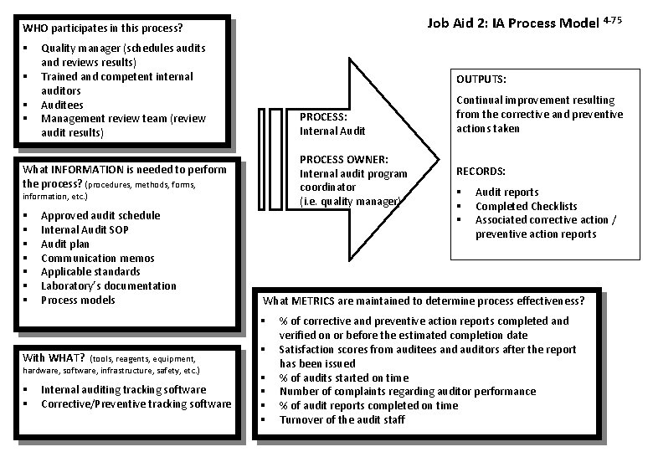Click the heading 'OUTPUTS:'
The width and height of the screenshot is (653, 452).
pyautogui.click(x=481, y=80)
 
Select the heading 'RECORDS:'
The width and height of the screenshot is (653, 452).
pyautogui.click(x=481, y=171)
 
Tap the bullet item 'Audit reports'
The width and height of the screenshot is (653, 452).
pyautogui.click(x=506, y=193)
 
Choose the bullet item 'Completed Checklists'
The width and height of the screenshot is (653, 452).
pyautogui.click(x=526, y=206)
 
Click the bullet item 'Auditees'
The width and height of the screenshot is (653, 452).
pyautogui.click(x=62, y=105)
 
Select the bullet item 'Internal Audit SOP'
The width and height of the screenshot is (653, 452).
pyautogui.click(x=85, y=229)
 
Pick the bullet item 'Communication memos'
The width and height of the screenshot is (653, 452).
pyautogui.click(x=97, y=258)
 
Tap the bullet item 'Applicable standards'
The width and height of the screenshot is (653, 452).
pyautogui.click(x=90, y=272)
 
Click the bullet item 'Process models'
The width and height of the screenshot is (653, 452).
pyautogui.click(x=78, y=300)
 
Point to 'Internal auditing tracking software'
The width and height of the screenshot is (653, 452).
pyautogui.click(x=123, y=389)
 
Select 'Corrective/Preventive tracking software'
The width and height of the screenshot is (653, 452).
pyautogui.click(x=136, y=403)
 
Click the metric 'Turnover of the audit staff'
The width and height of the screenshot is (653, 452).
pyautogui.click(x=342, y=419)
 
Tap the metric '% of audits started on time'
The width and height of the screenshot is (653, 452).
pyautogui.click(x=344, y=378)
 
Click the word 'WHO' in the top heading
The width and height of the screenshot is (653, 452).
pyautogui.click(x=36, y=28)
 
